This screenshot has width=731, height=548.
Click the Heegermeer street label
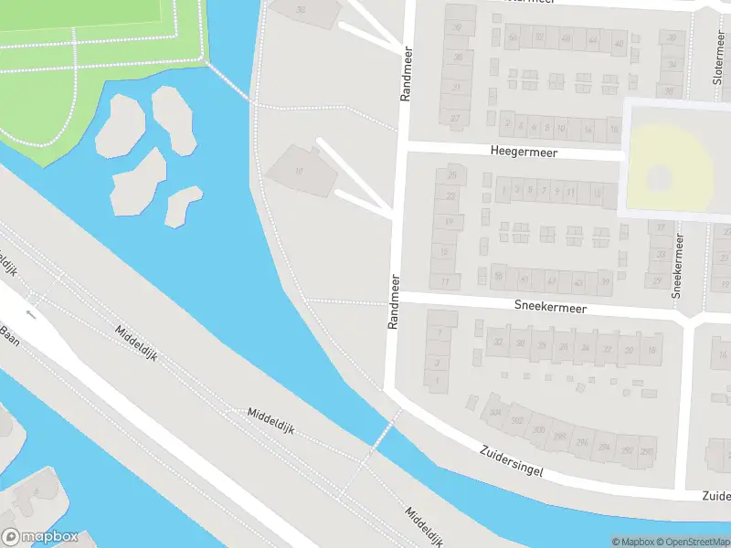click(x=522, y=150)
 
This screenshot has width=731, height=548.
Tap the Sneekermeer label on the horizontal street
click(x=549, y=309)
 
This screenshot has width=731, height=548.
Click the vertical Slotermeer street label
click(x=717, y=62)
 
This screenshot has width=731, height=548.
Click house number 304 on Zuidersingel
click(x=494, y=412)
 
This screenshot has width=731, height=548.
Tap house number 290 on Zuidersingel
click(x=647, y=452)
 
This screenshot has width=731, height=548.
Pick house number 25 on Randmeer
click(x=451, y=174)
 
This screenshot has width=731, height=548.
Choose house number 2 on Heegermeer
click(x=506, y=125)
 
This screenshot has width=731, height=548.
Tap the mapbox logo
click(x=40, y=537)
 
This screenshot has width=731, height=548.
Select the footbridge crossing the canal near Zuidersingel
click(x=385, y=429)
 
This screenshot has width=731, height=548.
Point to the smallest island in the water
click(x=183, y=206)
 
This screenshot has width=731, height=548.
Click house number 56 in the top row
click(x=513, y=38)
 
